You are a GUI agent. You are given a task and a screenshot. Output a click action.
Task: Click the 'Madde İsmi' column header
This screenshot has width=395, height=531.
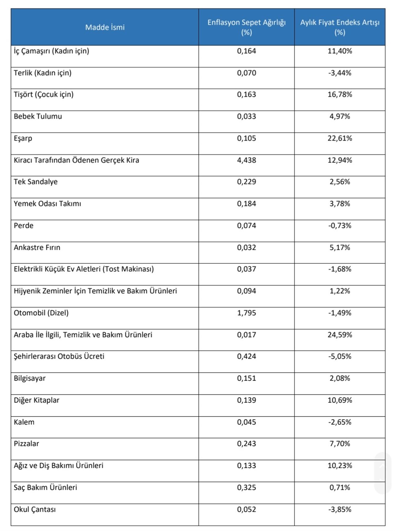click(x=105, y=27)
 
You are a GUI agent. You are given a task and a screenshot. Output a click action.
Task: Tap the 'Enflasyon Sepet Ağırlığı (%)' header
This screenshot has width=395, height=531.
click(x=246, y=27)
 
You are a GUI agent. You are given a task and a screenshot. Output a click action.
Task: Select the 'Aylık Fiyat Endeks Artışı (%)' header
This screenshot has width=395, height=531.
click(x=340, y=27)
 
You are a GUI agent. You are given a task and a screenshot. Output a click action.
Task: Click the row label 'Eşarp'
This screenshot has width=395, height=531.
click(x=23, y=138)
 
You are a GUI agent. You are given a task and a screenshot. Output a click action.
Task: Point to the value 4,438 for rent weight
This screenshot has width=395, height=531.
click(x=247, y=160)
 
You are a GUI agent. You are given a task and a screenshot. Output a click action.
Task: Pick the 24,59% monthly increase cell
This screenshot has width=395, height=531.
click(x=340, y=335)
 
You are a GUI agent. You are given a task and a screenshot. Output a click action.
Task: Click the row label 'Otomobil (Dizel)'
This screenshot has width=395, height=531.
click(x=41, y=313)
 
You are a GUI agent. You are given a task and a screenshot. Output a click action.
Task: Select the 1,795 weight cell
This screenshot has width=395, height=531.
click(x=247, y=313)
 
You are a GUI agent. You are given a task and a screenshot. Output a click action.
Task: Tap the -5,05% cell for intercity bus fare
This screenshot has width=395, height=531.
click(x=340, y=357)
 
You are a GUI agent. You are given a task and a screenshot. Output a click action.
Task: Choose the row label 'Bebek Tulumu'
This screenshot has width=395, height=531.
click(x=38, y=116)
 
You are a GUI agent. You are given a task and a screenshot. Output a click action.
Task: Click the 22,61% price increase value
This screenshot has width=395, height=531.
click(x=340, y=138)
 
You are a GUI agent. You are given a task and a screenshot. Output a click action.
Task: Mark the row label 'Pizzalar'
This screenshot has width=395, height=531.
click(x=27, y=444)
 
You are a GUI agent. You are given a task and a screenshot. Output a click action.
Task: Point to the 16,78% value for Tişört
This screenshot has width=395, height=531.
click(x=340, y=95)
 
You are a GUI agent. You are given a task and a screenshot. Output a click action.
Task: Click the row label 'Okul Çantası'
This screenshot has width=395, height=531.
click(x=35, y=509)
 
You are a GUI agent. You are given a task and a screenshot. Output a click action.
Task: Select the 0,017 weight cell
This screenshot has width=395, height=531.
click(x=247, y=335)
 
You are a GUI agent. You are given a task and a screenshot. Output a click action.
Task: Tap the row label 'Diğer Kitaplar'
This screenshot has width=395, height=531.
click(x=37, y=400)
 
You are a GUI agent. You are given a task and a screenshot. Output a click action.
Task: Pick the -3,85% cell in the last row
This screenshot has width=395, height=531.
click(x=340, y=509)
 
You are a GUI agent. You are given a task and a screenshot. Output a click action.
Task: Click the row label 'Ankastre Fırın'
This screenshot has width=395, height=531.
click(x=37, y=247)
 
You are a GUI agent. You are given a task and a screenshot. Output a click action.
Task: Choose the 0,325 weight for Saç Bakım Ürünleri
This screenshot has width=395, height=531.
click(x=247, y=488)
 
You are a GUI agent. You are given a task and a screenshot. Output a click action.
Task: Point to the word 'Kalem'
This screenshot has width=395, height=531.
click(x=24, y=422)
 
